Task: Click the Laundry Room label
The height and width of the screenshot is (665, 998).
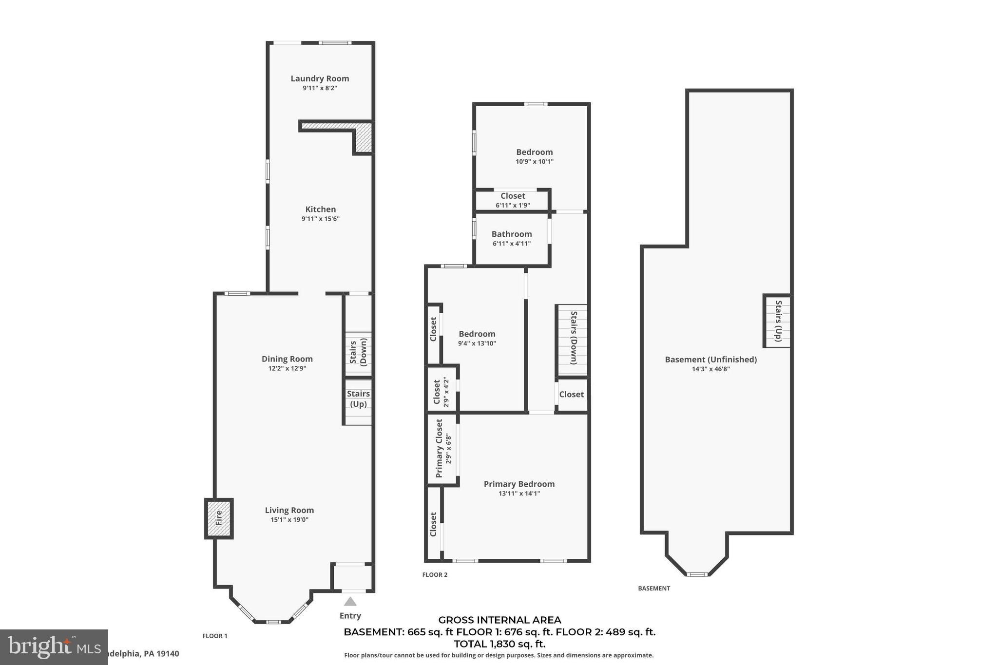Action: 320,78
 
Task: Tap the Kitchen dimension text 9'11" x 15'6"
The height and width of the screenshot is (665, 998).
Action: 320,219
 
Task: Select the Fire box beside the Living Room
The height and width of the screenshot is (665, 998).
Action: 219,518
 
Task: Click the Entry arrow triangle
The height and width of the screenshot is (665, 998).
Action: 350,602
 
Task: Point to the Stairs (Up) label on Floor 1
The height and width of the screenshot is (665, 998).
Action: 358,399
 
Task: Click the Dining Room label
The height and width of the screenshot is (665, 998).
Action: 287,359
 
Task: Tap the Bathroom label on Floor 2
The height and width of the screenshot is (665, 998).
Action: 512,234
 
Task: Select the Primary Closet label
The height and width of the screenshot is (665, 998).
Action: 439,448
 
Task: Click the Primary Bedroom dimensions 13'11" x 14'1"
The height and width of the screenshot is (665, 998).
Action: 519,494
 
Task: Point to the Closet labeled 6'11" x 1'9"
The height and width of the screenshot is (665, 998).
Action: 513,196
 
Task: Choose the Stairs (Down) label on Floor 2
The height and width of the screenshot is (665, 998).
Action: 574,338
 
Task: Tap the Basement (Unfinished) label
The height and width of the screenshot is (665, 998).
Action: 710,360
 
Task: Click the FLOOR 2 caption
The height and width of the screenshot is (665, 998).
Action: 435,575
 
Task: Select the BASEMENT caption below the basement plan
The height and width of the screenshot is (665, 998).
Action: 654,589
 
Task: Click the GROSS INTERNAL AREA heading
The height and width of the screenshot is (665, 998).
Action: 499,620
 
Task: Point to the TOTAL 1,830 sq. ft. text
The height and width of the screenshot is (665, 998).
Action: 499,644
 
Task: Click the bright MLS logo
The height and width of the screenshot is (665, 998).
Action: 54,647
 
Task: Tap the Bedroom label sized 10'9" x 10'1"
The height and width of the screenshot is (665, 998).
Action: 535,152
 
